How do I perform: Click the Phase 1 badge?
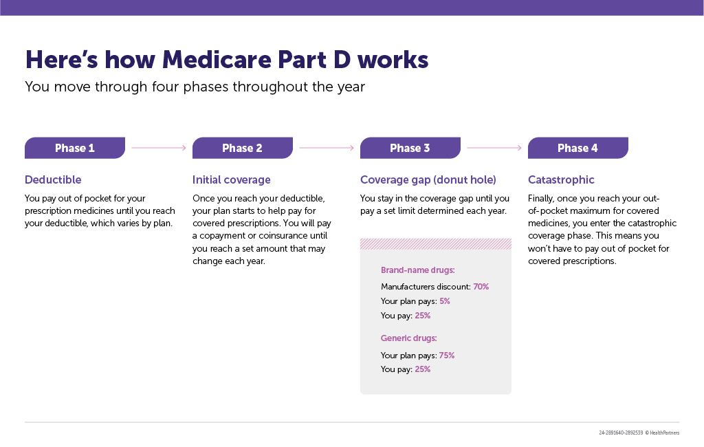tap(75, 148)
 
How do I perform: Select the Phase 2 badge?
tap(243, 148)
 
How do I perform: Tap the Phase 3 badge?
tap(410, 148)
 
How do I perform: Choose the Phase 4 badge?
tap(577, 148)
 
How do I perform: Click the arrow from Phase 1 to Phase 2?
tap(159, 148)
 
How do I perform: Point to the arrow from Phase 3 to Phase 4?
tap(494, 148)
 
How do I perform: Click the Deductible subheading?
tap(53, 179)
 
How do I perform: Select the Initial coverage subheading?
tap(231, 179)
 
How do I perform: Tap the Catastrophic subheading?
tap(561, 179)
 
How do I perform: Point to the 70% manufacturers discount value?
tap(481, 287)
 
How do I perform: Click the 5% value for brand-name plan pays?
tap(445, 301)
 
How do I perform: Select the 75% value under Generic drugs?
tap(447, 356)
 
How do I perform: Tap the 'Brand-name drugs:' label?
tap(417, 270)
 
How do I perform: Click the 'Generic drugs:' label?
tap(408, 338)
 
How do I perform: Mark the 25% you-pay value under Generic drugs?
tap(423, 369)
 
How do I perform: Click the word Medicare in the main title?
tap(217, 60)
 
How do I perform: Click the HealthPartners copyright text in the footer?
tap(662, 433)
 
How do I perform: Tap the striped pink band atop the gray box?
tap(435, 244)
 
